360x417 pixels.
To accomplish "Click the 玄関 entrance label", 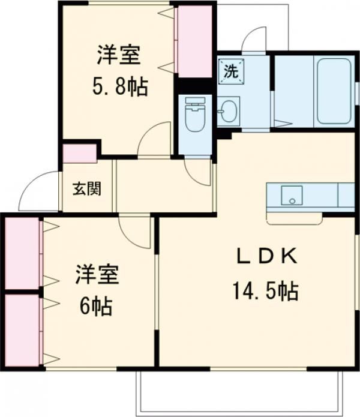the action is [x=87, y=189].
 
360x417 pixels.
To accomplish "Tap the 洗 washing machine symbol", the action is [x=231, y=71].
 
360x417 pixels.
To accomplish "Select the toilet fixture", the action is [x=196, y=115].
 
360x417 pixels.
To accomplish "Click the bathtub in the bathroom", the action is [x=334, y=91].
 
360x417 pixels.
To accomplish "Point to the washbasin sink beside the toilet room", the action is [x=228, y=112].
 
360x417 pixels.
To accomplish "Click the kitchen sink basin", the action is [x=292, y=195].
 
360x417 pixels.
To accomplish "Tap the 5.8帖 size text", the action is [x=120, y=87].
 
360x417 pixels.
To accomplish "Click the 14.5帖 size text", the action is [x=266, y=291].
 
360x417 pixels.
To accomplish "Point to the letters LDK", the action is [x=267, y=256].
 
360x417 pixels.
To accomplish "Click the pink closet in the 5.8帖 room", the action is [x=194, y=41].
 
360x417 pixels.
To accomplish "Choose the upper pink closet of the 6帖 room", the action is [x=22, y=253].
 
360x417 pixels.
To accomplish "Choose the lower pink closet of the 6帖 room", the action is [x=22, y=330].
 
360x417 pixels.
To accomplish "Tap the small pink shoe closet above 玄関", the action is [x=79, y=153].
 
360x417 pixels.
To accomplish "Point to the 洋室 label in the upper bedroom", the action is [x=119, y=55].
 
